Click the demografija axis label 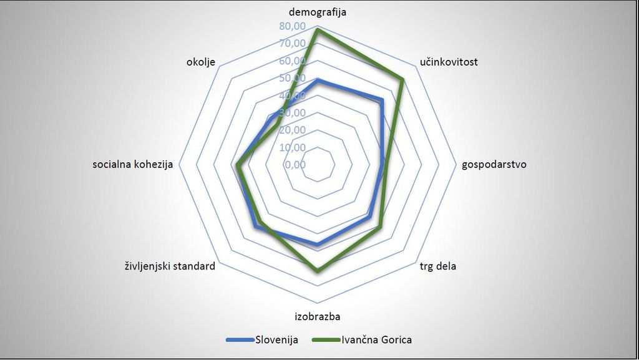click(x=318, y=12)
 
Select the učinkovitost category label click(x=449, y=62)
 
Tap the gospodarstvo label click(x=494, y=165)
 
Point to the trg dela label click(x=437, y=266)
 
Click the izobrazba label click(x=318, y=315)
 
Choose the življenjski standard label click(x=170, y=266)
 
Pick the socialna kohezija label click(x=132, y=165)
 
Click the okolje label click(x=201, y=62)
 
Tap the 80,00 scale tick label click(x=293, y=26)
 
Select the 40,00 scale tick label click(x=293, y=95)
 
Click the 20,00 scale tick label click(x=293, y=130)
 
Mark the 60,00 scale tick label click(x=293, y=61)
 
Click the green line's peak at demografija click(x=318, y=29)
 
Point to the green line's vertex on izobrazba click(x=318, y=271)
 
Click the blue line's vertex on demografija click(x=318, y=80)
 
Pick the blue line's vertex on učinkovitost click(x=381, y=100)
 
